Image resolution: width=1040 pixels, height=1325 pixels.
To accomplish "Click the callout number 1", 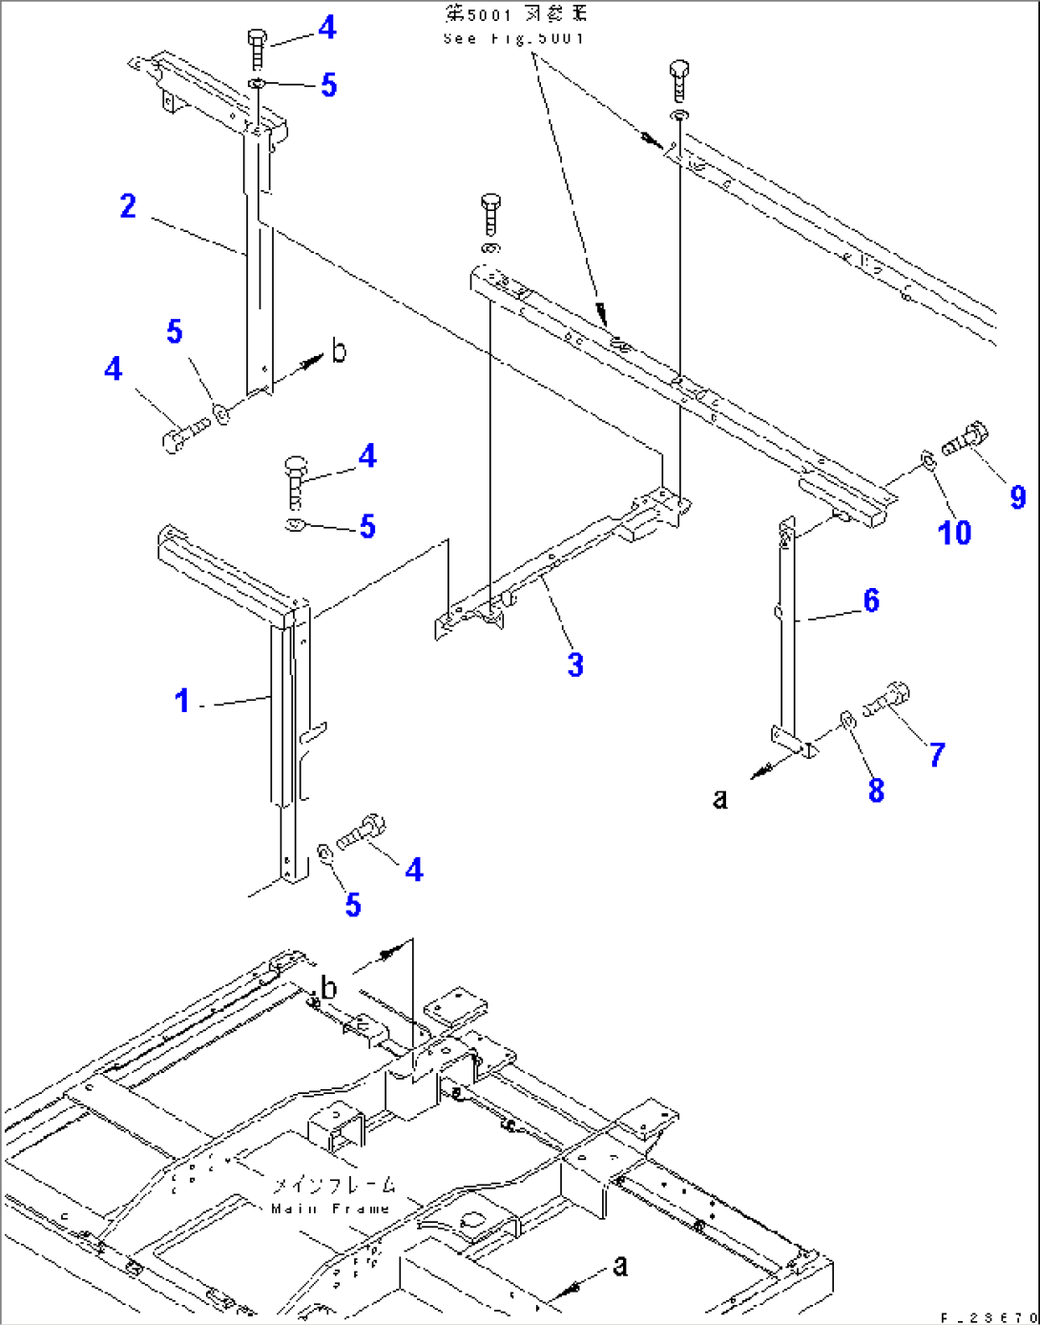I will pos(181,701).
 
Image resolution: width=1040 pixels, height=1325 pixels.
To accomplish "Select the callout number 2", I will pos(128,206).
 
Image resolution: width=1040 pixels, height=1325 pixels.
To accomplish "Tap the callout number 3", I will pos(575,665).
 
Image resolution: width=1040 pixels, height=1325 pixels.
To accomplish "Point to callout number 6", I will pos(871,600).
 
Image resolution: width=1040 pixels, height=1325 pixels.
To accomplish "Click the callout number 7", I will pos(937,755).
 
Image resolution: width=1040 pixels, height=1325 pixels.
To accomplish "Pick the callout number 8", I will pos(876,790).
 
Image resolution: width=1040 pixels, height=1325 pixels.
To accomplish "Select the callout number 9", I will pos(1018,496).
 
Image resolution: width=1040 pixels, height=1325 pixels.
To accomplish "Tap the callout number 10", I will pos(954,533).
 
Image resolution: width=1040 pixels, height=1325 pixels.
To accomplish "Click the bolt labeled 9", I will pos(966,441).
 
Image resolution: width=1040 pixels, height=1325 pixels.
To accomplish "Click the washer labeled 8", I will pos(846,719).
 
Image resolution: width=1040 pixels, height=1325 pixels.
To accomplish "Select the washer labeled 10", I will pos(926,461).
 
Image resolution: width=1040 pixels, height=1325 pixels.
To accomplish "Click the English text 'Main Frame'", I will pos(331,1209).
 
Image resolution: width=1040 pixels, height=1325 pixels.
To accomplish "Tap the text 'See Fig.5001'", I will pos(514,38).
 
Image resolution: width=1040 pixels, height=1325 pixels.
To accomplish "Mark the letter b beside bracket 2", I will pos(339,351).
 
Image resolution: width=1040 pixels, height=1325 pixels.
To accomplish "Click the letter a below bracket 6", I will pos(720,798).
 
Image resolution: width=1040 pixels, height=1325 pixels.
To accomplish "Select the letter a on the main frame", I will pos(620,1266).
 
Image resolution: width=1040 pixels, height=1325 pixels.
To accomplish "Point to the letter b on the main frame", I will pos(328,988).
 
